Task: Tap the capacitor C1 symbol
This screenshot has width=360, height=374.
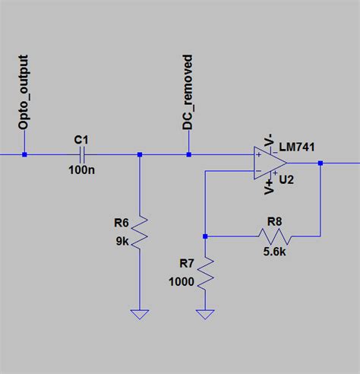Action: click(x=81, y=155)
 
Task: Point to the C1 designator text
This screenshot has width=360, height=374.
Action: click(x=81, y=140)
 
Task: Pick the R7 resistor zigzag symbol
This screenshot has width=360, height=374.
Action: click(x=205, y=271)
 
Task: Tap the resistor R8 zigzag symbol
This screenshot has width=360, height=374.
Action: click(x=273, y=236)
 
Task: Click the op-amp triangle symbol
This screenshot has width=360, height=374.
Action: click(x=270, y=163)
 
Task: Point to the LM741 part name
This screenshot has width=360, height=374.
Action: click(x=298, y=146)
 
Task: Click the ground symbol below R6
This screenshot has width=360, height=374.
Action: click(x=140, y=313)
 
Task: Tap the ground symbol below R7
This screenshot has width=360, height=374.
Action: click(x=205, y=313)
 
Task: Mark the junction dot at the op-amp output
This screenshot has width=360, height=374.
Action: click(x=321, y=163)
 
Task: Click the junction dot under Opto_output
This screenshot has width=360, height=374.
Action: click(x=24, y=155)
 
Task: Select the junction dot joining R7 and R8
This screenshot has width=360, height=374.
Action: click(x=205, y=236)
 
